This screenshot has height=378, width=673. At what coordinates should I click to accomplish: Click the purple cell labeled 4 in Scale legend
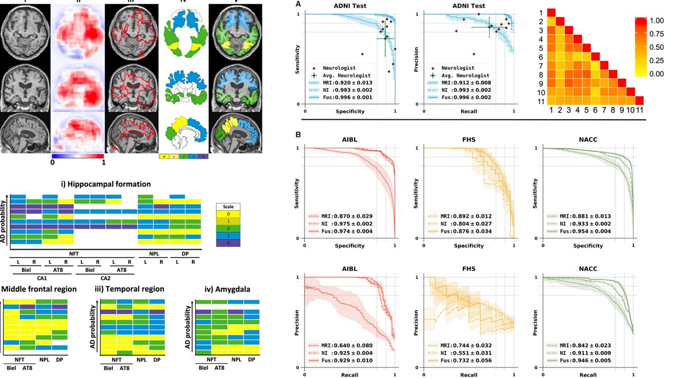click(x=227, y=242)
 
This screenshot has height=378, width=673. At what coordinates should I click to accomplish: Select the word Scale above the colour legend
click(x=227, y=206)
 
